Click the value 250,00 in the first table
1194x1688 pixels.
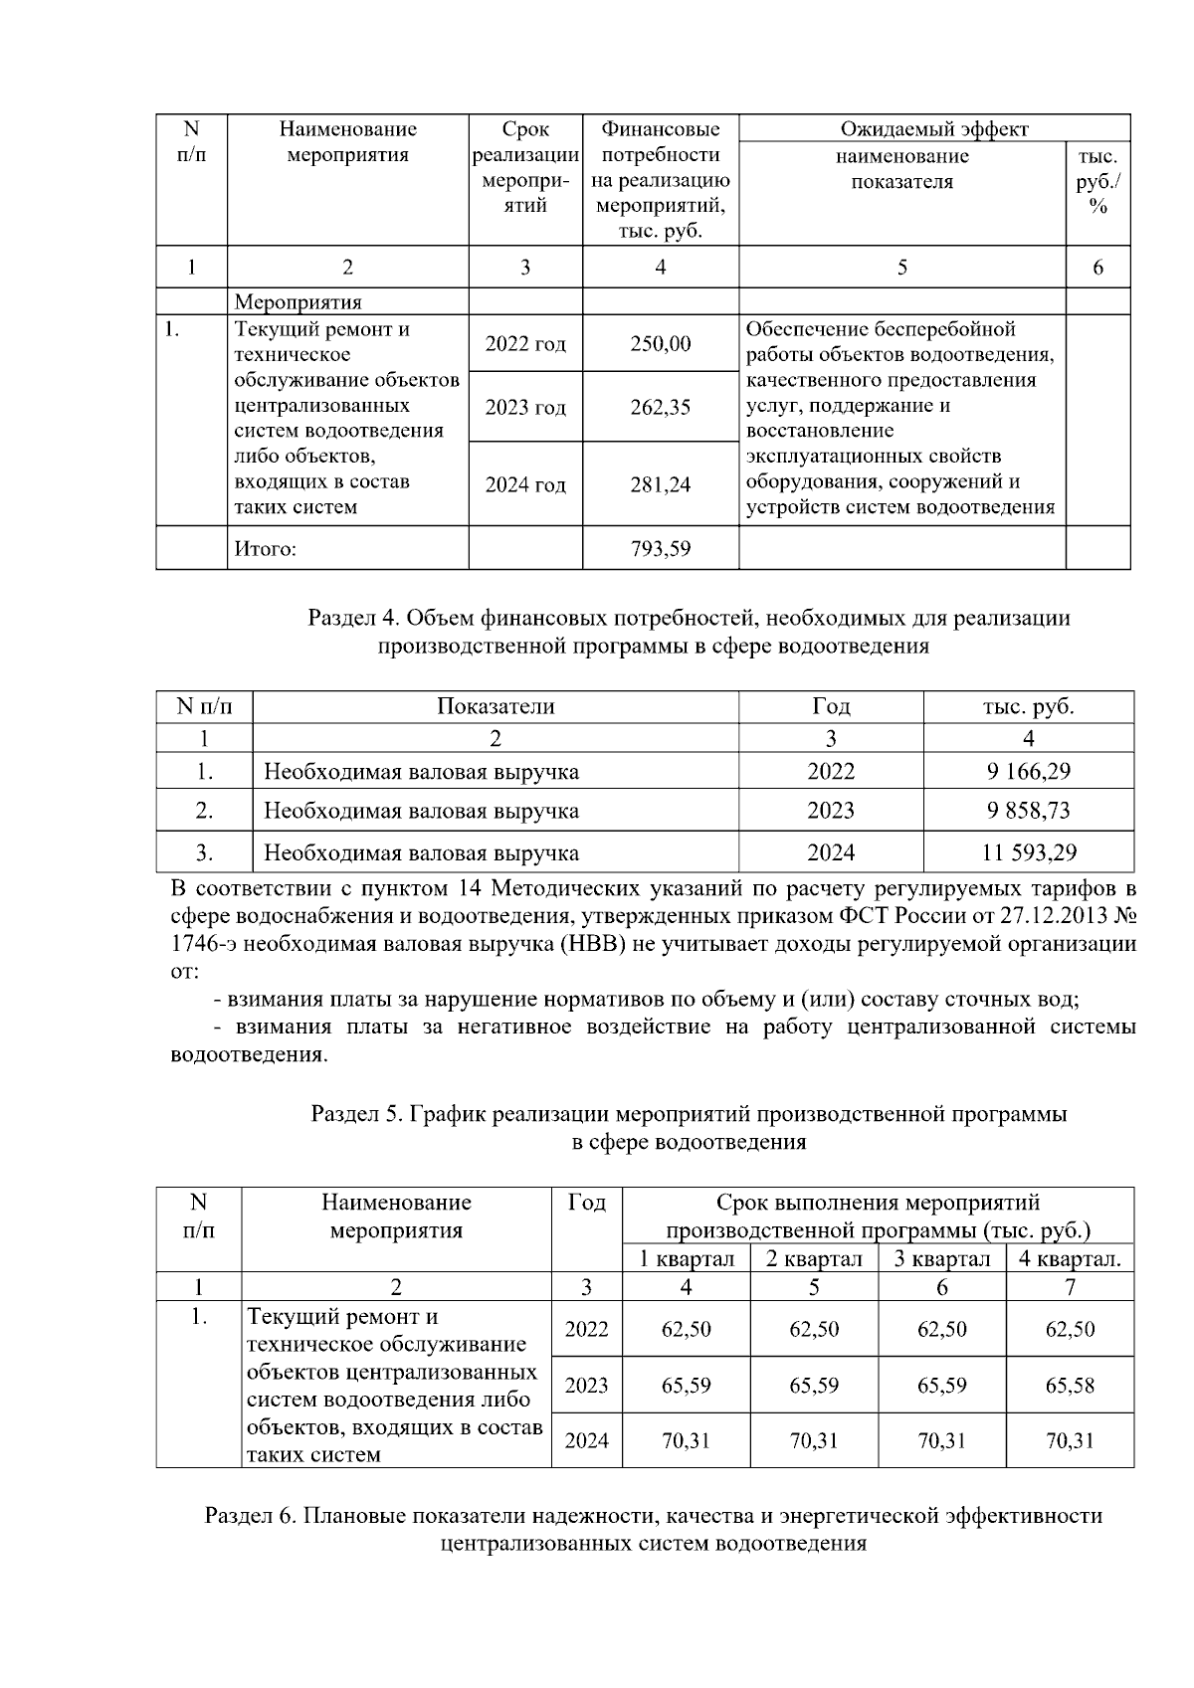[660, 344]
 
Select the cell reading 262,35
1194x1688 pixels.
[660, 408]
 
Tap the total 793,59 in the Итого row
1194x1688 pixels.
[660, 548]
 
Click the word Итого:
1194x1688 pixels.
[265, 549]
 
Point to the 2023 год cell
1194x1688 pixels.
[525, 408]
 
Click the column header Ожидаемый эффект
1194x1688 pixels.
[933, 129]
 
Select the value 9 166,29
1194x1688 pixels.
[1028, 771]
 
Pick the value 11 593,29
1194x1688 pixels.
[1028, 852]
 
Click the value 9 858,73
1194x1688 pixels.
[1028, 811]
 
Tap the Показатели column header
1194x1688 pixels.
[496, 706]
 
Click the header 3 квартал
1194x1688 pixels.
[941, 1258]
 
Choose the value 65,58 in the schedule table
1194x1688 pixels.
[1070, 1386]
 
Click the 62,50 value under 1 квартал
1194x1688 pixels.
[686, 1330]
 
